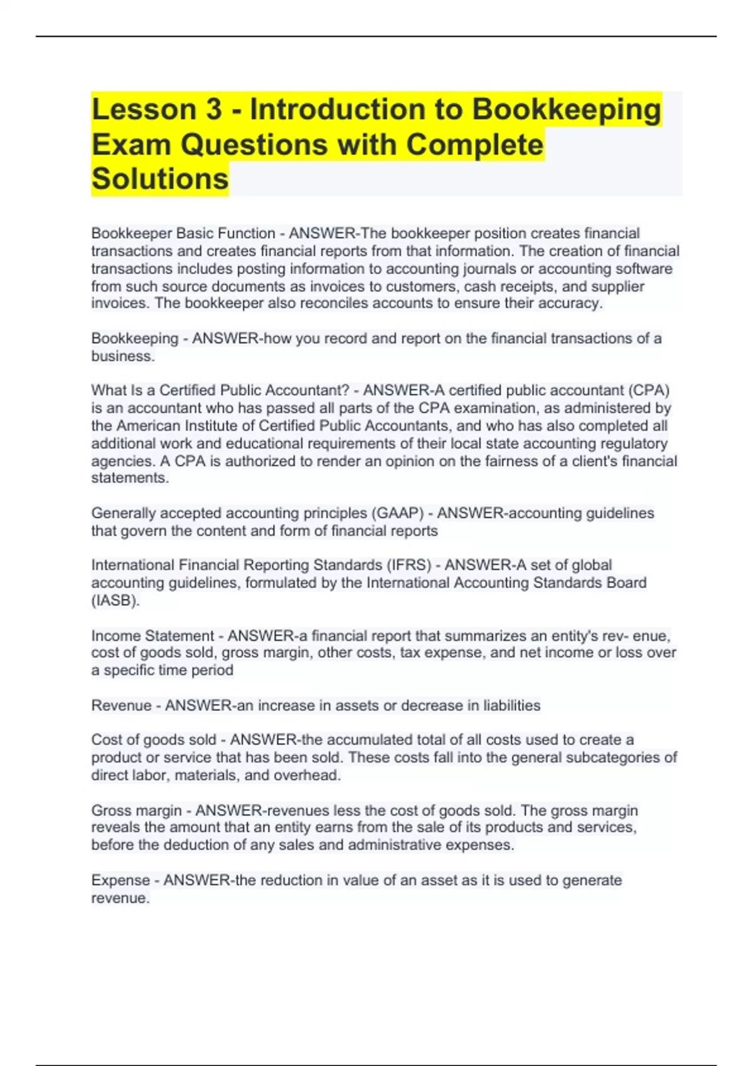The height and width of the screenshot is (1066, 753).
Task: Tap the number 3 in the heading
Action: pos(213,110)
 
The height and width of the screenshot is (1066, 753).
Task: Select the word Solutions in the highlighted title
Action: pos(160,179)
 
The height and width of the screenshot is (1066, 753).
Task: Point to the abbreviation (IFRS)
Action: pos(410,565)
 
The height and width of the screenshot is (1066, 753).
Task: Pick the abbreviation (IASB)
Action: pos(115,601)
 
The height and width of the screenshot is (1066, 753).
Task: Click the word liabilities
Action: pos(511,705)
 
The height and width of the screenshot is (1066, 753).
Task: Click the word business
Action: pos(122,356)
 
